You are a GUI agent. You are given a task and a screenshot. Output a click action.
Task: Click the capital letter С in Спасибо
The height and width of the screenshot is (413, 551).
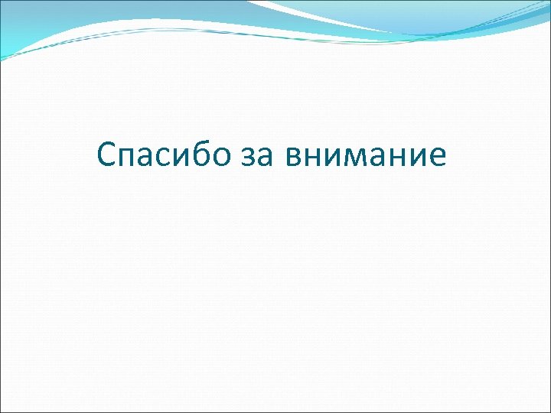(x=108, y=155)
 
